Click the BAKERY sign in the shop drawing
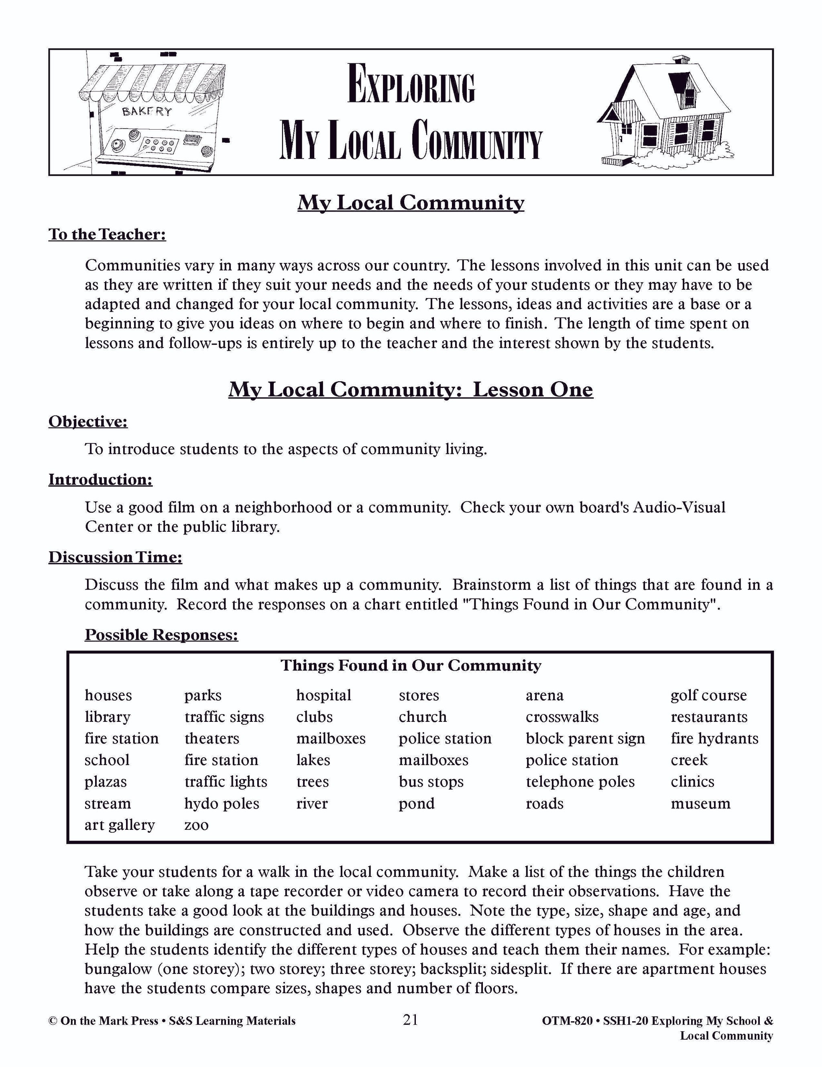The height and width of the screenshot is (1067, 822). coord(146,112)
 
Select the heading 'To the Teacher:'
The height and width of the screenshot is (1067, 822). coord(107,234)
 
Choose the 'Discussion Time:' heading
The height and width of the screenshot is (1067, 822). coord(115,557)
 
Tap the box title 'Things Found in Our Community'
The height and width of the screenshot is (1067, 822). coord(411,665)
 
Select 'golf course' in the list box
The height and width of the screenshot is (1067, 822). coord(708,695)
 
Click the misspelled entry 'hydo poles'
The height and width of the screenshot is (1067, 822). coord(222,803)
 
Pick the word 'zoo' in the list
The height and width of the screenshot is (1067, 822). coord(196,825)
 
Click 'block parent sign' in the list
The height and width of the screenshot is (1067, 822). coord(585,738)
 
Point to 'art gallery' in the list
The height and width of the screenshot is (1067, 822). coord(119,825)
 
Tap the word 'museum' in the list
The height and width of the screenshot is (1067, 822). coord(700,803)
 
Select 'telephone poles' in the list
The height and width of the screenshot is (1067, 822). coord(580,782)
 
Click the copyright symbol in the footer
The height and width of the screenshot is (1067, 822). coord(53,1021)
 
